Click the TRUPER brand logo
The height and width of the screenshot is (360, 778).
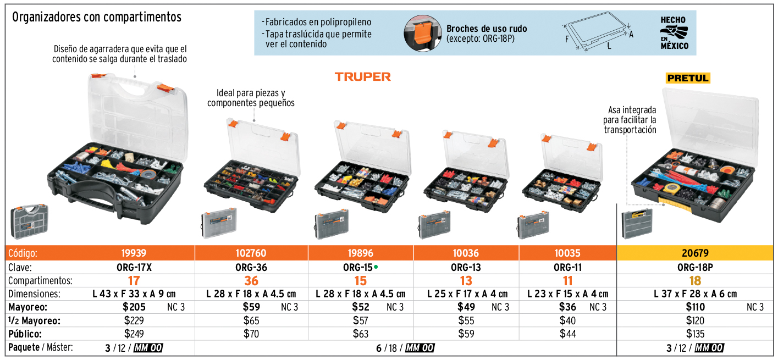click(x=362, y=77)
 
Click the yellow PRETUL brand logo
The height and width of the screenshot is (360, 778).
click(x=688, y=78)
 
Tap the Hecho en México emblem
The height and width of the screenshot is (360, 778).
click(x=674, y=33)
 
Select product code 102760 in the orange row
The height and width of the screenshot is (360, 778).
click(x=251, y=253)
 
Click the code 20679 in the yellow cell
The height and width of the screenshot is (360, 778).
click(x=695, y=253)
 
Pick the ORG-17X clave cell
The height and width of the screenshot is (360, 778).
click(x=134, y=267)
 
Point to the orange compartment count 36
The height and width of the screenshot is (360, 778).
click(x=251, y=280)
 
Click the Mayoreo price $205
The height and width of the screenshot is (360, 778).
click(x=134, y=307)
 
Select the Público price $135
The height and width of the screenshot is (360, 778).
click(x=696, y=334)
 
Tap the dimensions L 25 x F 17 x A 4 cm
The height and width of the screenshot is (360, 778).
click(x=467, y=294)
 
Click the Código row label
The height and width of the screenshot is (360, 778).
click(x=23, y=253)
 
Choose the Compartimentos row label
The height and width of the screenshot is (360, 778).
click(x=40, y=280)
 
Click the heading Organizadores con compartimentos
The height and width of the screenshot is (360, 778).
click(x=97, y=16)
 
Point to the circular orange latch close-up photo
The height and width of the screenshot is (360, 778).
click(x=422, y=33)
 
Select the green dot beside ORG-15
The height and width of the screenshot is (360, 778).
click(x=376, y=267)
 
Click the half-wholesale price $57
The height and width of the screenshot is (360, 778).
click(x=361, y=320)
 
